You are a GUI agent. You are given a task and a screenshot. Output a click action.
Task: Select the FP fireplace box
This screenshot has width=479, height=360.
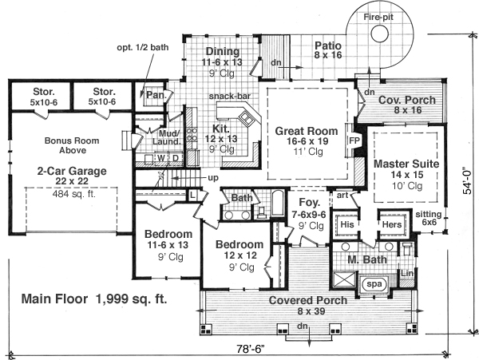coord(354,140)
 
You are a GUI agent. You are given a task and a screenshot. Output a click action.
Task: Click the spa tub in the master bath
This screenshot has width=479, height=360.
coord(373,283)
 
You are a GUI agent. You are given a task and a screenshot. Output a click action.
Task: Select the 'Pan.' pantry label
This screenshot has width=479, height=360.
coord(154,95)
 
